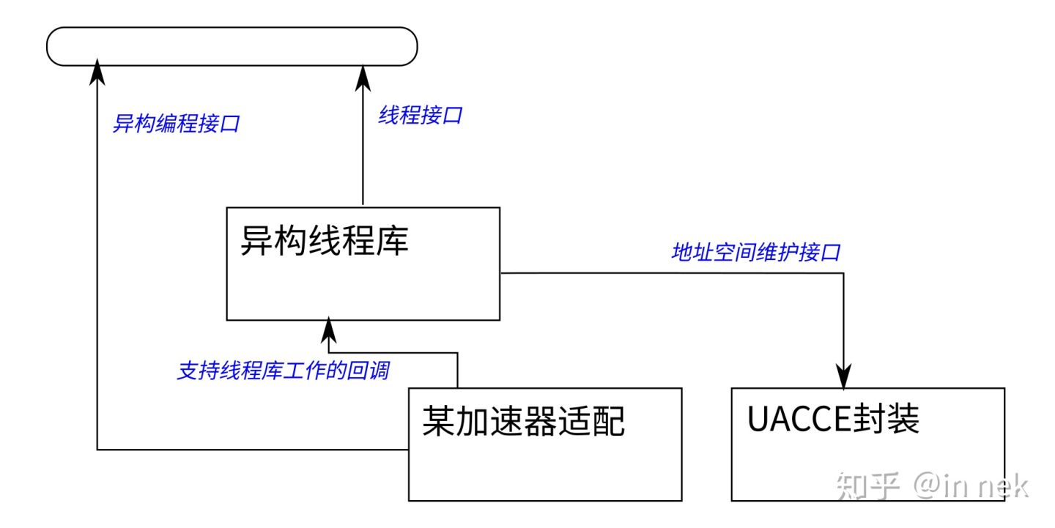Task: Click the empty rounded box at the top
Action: pos(232,47)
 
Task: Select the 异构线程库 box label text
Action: pos(324,240)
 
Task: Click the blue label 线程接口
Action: pos(420,115)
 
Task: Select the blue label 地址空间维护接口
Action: pos(755,253)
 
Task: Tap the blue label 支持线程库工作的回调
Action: pos(283,371)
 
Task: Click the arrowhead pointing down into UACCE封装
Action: pos(845,378)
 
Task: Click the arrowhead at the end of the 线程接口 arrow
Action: pos(363,76)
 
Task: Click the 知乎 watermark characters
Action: pos(867,486)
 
